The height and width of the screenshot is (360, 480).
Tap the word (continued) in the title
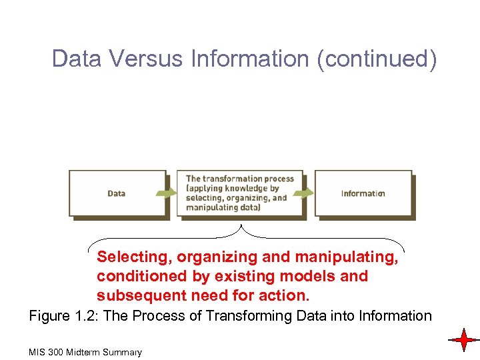pyautogui.click(x=377, y=59)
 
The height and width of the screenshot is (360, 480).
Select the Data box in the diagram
pyautogui.click(x=117, y=193)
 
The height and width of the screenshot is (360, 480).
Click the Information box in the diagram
pyautogui.click(x=363, y=193)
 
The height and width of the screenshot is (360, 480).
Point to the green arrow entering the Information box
pyautogui.click(x=304, y=193)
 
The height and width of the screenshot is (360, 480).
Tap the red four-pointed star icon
pyautogui.click(x=463, y=340)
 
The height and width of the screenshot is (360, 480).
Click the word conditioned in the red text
pyautogui.click(x=138, y=276)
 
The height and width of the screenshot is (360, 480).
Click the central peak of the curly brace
pyautogui.click(x=242, y=227)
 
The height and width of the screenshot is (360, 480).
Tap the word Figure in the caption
pyautogui.click(x=50, y=315)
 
